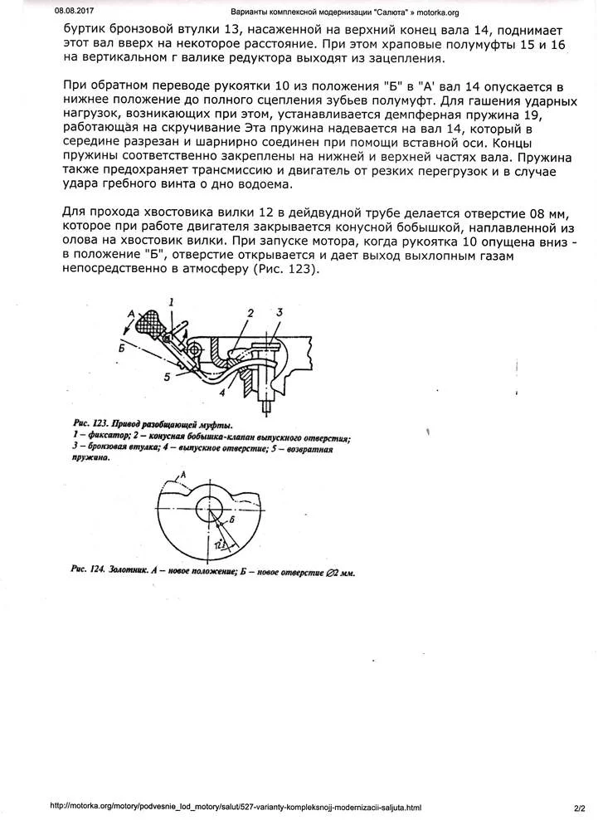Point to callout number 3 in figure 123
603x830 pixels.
click(280, 311)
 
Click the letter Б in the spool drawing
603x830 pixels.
click(232, 517)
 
